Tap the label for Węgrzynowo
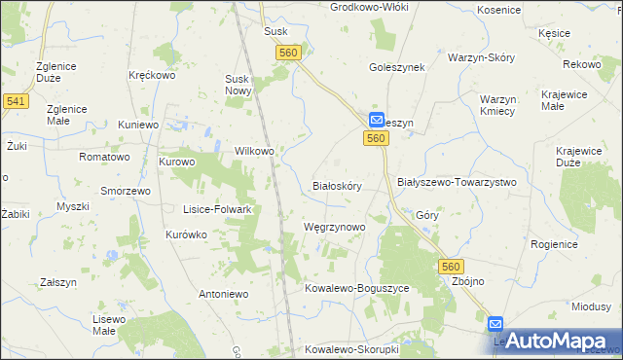click(x=334, y=227)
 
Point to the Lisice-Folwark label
click(x=218, y=209)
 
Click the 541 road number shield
click(x=15, y=100)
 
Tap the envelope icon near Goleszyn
click(x=378, y=120)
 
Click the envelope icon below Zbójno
click(x=495, y=325)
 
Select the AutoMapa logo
click(x=552, y=340)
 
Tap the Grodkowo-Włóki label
click(x=369, y=7)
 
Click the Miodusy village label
click(x=591, y=306)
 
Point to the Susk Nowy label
click(x=238, y=85)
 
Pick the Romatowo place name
click(x=104, y=157)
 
